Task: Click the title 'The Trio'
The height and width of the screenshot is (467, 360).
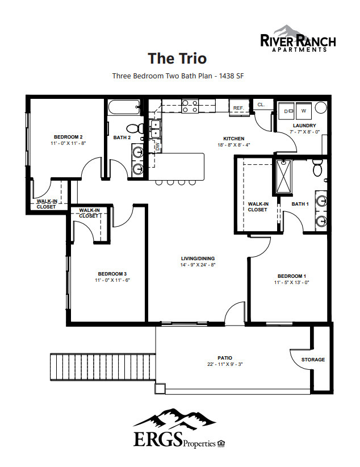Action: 177,58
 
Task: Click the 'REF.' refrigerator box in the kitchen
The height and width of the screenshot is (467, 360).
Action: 238,107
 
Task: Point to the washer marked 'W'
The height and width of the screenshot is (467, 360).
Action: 303,110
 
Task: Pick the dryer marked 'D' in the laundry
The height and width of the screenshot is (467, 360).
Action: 286,110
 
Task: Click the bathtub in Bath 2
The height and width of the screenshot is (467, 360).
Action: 124,106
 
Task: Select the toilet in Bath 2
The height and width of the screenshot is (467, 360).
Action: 132,129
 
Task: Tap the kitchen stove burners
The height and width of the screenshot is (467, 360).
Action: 189,106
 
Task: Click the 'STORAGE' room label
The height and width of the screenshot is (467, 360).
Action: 313,360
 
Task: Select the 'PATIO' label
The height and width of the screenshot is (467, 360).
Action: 225,357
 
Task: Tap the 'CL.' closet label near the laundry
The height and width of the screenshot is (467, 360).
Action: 261,105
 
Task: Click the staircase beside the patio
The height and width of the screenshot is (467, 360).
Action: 102,369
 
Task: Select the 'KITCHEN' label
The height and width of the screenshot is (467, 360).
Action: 233,139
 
